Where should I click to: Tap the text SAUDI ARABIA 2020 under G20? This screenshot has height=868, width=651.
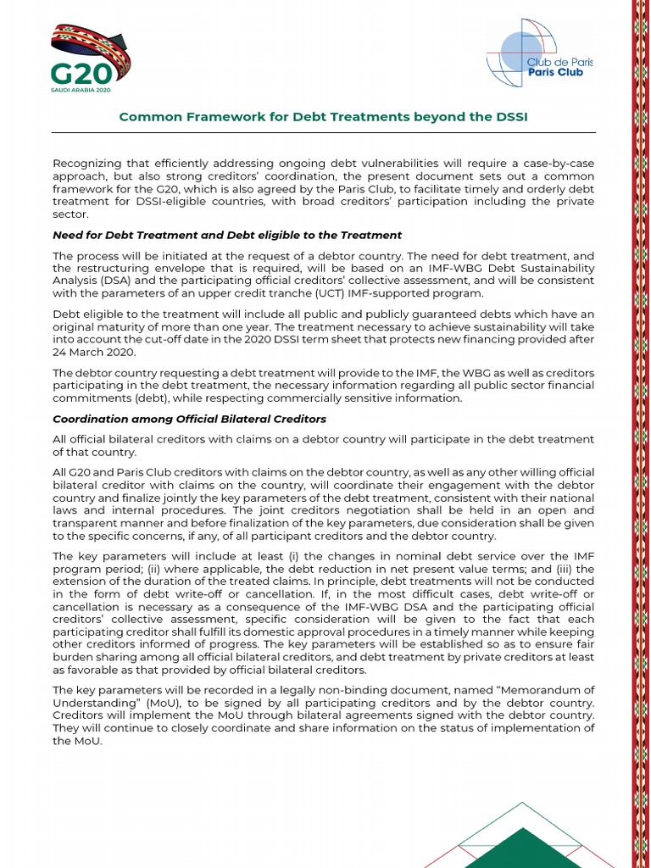coord(81,90)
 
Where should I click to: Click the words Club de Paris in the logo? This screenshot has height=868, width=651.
coord(560,62)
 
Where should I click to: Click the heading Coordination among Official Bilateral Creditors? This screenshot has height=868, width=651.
coord(189,419)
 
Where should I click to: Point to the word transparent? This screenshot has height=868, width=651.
coord(87,523)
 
